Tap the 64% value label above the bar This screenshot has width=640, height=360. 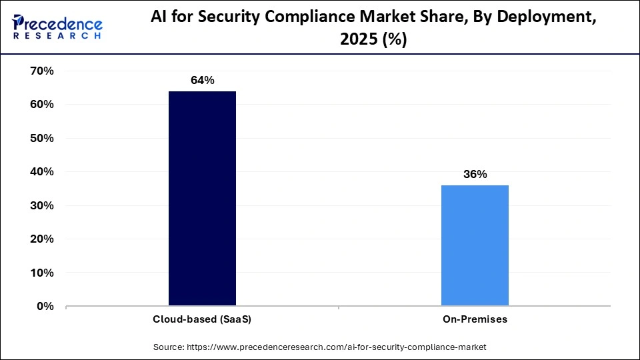point(202,81)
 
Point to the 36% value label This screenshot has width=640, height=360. point(475,175)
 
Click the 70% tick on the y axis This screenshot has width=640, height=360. point(42,71)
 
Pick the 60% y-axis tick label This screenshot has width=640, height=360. point(42,105)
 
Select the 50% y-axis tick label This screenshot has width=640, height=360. point(42,138)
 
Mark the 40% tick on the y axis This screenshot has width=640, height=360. point(42,171)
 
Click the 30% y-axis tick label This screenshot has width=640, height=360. point(42,205)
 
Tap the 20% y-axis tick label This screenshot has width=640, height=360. point(42,239)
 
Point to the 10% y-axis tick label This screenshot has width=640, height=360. point(42,273)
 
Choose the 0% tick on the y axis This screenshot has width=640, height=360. point(45,306)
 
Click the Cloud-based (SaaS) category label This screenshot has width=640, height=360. point(202,319)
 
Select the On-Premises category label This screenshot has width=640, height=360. point(475,319)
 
